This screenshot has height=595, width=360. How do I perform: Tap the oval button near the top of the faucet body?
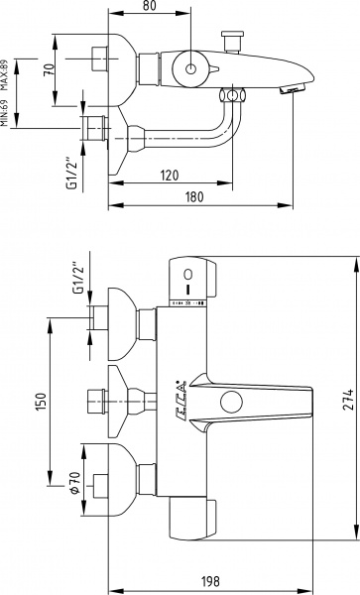[188, 273]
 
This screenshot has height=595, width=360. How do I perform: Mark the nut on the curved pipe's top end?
[230, 95]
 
